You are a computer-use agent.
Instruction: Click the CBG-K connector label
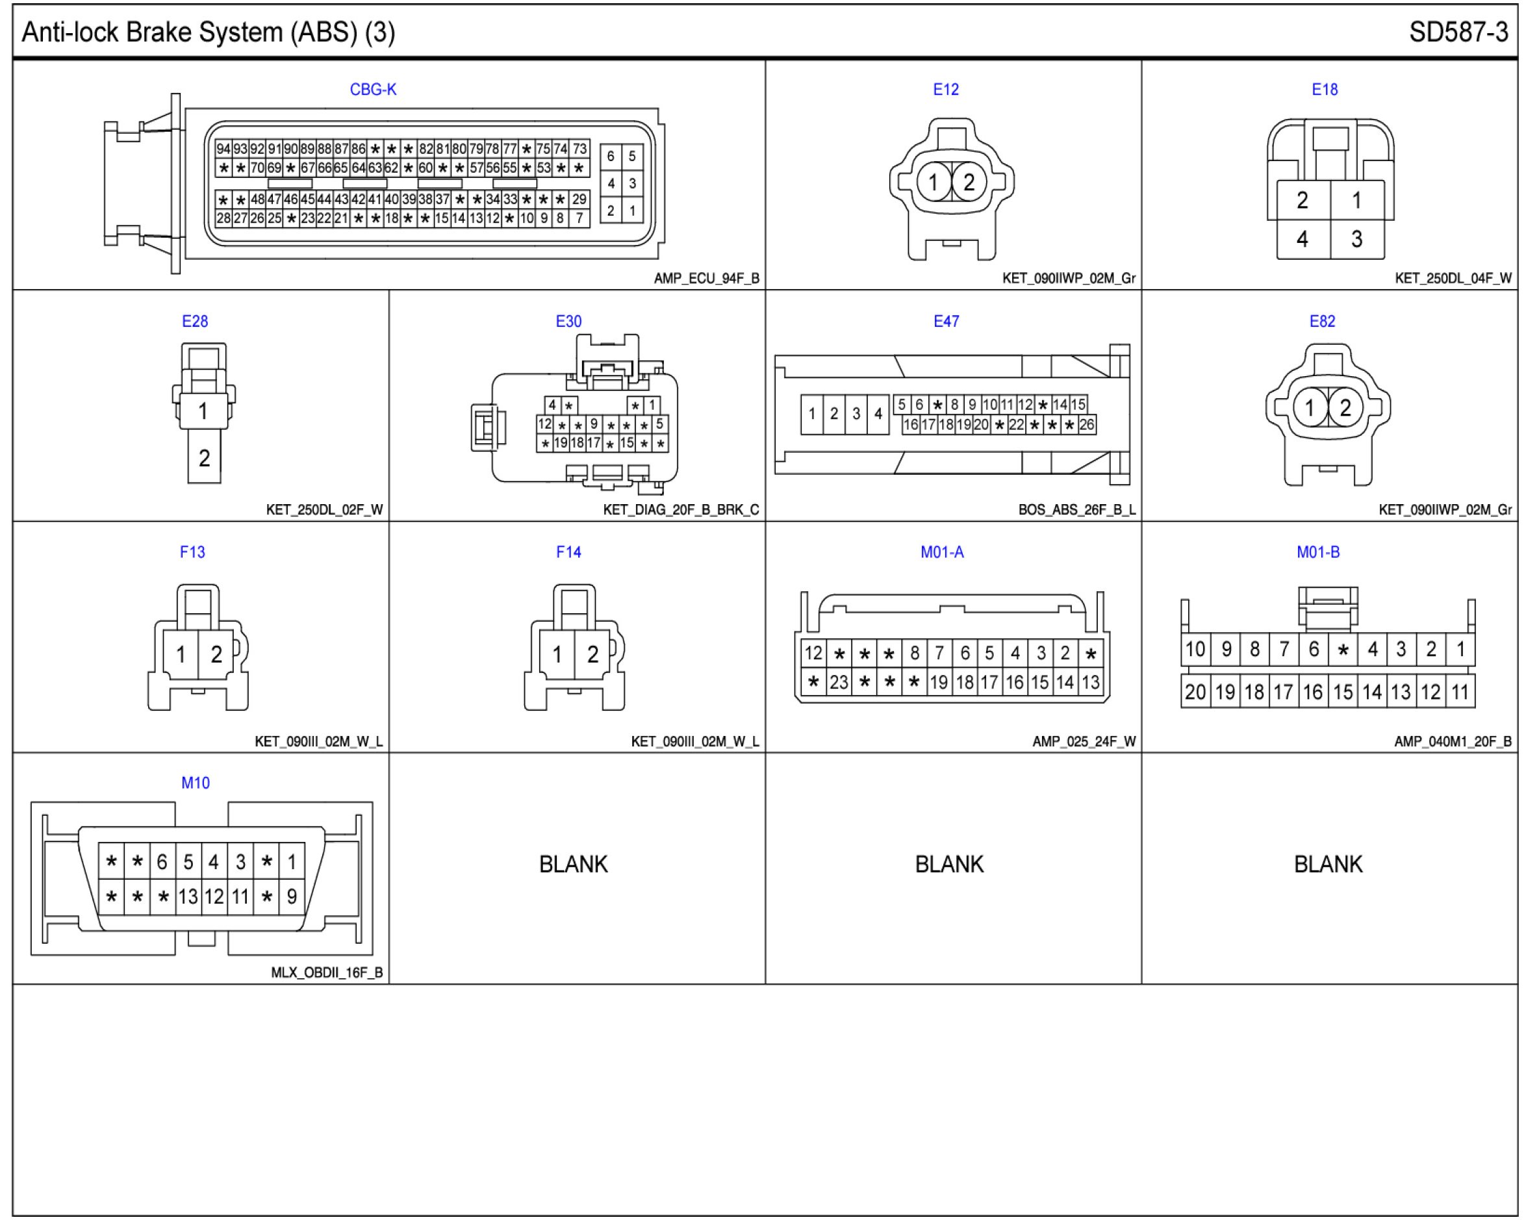pos(373,90)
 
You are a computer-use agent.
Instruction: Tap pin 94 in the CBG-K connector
pos(223,149)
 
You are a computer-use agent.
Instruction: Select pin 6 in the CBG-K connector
pos(611,157)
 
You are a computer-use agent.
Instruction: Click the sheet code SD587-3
pos(1458,32)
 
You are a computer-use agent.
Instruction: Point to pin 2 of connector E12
pos(968,183)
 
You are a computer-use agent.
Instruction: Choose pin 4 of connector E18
pos(1303,239)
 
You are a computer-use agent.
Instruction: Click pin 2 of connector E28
pos(204,459)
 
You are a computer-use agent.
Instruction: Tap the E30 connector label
pos(568,322)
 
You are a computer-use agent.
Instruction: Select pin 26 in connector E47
pos(1087,425)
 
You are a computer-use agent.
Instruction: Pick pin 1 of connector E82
pos(1310,407)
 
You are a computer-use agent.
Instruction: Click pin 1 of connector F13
pos(181,655)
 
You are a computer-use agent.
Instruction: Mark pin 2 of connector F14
pos(592,655)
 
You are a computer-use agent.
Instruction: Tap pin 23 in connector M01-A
pos(839,682)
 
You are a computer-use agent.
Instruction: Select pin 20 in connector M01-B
pos(1195,692)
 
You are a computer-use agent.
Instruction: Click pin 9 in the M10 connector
pos(292,897)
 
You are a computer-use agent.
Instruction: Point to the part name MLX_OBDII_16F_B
pos(326,973)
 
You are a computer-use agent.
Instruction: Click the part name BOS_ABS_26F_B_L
pos(1076,510)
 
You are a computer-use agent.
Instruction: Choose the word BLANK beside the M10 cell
pos(574,865)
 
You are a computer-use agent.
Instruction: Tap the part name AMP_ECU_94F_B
pos(706,279)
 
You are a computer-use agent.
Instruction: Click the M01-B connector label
pos(1318,553)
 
